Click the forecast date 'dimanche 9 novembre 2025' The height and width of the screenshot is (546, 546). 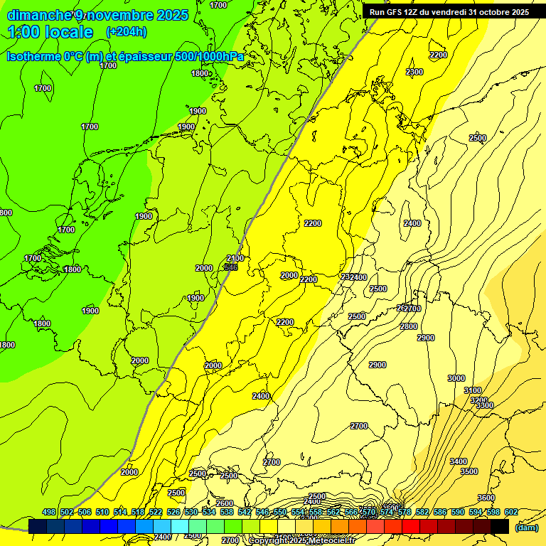pos(97,15)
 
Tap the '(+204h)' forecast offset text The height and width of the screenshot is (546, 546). pos(126,31)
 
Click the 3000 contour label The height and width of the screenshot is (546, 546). pos(456,378)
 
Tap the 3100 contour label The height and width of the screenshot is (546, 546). pos(473,390)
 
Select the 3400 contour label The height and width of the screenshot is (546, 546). pos(459,461)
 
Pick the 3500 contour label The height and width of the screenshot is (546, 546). pos(469,471)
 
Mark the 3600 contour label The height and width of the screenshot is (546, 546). pos(486,497)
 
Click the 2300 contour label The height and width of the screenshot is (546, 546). pos(414,72)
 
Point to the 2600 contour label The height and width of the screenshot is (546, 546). pos(225,503)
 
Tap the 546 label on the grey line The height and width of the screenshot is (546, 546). pos(230,267)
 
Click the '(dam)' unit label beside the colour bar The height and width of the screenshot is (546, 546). pos(526,528)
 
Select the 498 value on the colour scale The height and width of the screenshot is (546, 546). pos(49,512)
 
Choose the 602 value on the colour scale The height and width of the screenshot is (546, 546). pos(511,512)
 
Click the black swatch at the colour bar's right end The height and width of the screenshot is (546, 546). pos(500,526)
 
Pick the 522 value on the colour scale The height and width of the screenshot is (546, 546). pos(156,512)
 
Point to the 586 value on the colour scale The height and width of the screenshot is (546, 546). pos(440,512)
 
